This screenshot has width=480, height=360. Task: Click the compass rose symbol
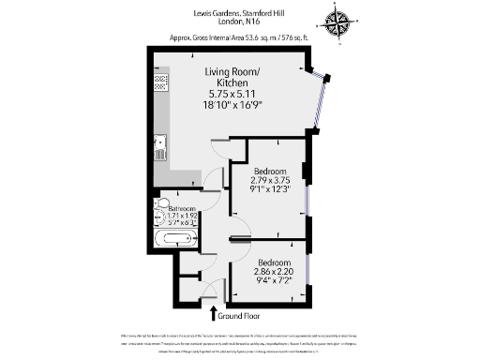[337, 22]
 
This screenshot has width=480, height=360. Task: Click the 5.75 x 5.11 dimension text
[232, 94]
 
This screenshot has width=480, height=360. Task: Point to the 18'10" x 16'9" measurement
[232, 105]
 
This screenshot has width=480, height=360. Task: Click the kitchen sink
[161, 145]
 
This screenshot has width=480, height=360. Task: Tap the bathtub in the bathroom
[175, 238]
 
